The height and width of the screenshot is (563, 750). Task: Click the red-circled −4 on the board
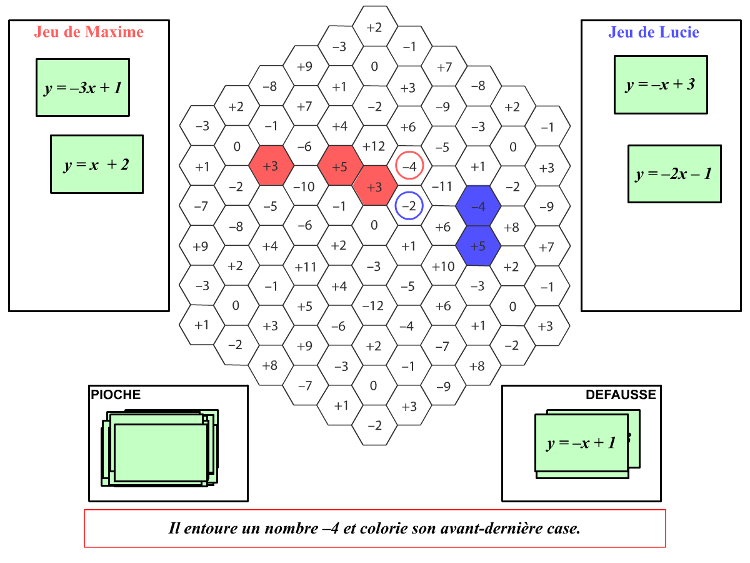coord(409,166)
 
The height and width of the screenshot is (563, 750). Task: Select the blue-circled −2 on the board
coord(409,206)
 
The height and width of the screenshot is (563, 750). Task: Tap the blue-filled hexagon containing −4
coord(478,206)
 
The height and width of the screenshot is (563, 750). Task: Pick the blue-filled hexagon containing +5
coord(478,246)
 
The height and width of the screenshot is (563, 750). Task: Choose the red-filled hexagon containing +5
coord(340,166)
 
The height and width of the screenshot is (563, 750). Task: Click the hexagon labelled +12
coord(374,146)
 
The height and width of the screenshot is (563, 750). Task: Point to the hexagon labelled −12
coord(374,306)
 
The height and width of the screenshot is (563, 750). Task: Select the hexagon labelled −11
coord(444,186)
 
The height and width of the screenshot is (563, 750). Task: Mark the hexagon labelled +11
coord(306,266)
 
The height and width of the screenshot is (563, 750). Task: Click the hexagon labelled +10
coord(444,266)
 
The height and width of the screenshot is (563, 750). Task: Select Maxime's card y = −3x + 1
coord(82,88)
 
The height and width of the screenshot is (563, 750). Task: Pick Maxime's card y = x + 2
coord(97,165)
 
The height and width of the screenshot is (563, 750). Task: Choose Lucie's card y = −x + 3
coord(661,84)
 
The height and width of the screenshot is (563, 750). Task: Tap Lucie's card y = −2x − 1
coord(674,174)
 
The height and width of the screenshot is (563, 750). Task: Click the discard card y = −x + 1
coord(581,443)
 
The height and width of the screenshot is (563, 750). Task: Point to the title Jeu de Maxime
coord(89,32)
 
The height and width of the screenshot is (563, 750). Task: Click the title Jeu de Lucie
coord(654,32)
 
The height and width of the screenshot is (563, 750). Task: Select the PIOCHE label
coord(116,395)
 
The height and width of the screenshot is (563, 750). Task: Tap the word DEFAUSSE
coord(621,395)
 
